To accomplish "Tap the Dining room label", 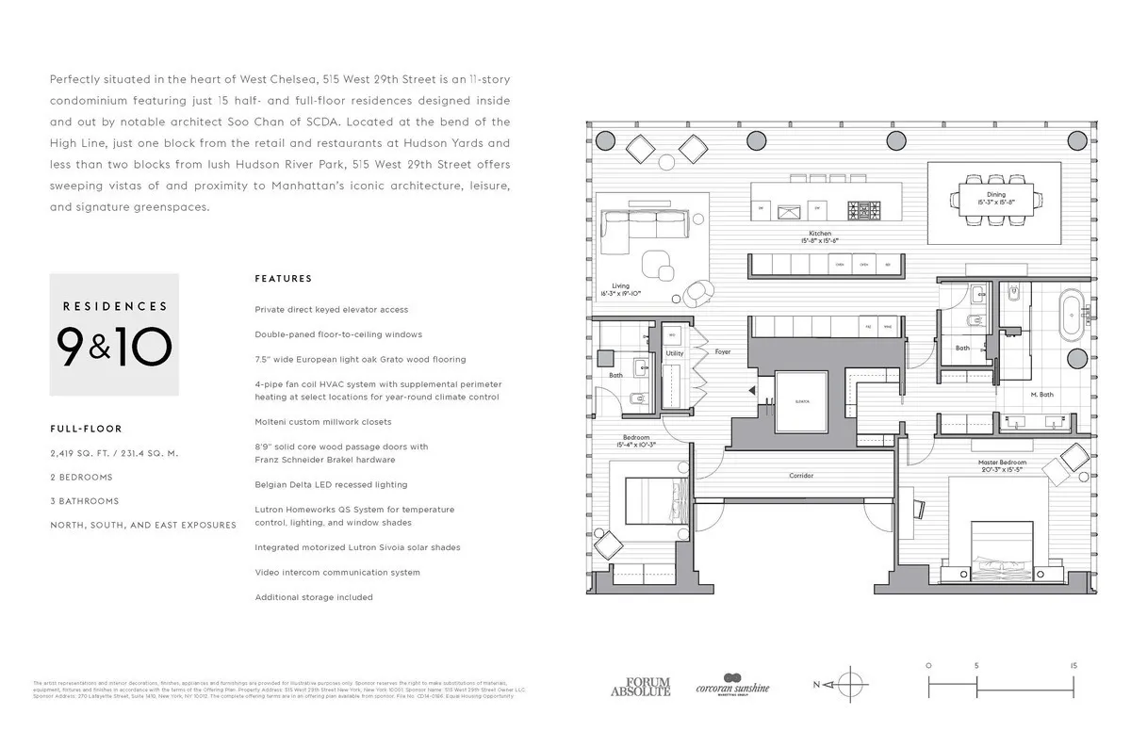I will (x=982, y=195).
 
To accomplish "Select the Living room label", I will (x=620, y=286).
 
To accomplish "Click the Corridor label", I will (x=800, y=476).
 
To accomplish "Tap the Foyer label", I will (x=722, y=351).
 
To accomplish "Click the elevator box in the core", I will (x=801, y=401).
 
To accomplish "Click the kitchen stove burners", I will (x=861, y=211).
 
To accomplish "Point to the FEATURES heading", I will (x=283, y=279).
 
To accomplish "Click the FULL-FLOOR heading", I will (x=86, y=429).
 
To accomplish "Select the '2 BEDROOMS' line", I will (x=81, y=477).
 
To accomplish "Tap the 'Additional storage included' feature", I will (x=314, y=597).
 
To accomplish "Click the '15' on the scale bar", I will (x=1074, y=665).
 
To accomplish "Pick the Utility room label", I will (x=674, y=353).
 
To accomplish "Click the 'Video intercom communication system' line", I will (x=337, y=572).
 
